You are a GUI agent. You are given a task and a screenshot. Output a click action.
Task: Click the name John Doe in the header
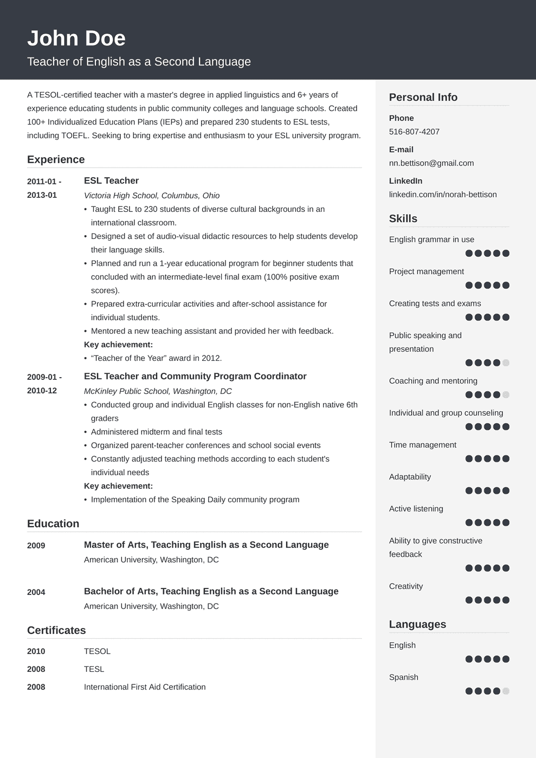(x=76, y=38)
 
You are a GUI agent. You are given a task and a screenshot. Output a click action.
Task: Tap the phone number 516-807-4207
(x=414, y=132)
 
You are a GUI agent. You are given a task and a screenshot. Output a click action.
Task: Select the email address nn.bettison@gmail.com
(x=431, y=163)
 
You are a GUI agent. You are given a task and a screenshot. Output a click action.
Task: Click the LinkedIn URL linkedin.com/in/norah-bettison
(x=443, y=195)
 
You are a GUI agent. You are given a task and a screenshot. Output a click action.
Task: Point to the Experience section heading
(x=56, y=160)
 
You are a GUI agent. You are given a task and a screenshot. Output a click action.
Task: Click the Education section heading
(x=53, y=524)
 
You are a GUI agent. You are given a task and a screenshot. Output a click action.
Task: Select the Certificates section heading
(x=56, y=631)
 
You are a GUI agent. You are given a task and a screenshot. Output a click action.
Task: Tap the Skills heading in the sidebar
(x=403, y=219)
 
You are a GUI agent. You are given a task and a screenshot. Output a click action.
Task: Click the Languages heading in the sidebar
(x=417, y=625)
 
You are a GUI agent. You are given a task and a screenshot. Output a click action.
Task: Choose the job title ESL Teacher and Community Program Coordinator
(x=195, y=377)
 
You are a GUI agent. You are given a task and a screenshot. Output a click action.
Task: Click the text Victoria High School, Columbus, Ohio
(x=152, y=196)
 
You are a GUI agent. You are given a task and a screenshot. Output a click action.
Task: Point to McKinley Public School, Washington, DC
(x=158, y=391)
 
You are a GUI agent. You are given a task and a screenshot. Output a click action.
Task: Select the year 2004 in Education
(x=36, y=592)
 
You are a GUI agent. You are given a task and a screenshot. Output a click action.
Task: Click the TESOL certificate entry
(x=97, y=651)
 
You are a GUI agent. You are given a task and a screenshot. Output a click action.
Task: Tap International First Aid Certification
(x=145, y=687)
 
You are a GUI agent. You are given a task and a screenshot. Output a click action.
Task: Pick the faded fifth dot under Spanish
(x=506, y=691)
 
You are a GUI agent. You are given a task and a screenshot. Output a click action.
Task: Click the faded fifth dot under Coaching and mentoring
(x=506, y=394)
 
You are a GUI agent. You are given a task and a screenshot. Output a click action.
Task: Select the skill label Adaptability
(x=410, y=477)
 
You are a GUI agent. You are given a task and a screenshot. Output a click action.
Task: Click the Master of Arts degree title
(x=206, y=545)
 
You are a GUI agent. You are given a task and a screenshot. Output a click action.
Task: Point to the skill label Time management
(x=423, y=445)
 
